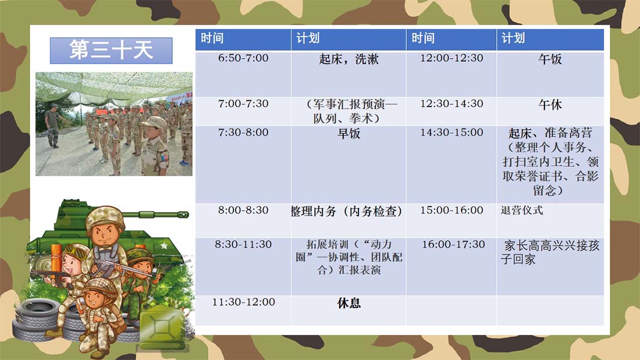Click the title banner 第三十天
coord(111,51)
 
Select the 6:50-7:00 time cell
coord(243,73)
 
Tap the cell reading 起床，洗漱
coord(349,73)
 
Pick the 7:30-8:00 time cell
coord(243,164)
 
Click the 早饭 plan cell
coord(349,164)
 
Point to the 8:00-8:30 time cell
coord(243,220)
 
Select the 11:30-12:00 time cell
coord(243,311)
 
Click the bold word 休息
coord(349,303)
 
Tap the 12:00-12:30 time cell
coord(451,73)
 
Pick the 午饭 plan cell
coord(550,73)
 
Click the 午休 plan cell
coord(550,111)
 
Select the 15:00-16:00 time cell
coord(451,220)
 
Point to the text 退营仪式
coord(522,210)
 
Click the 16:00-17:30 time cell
coord(451,266)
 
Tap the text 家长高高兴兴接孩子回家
coord(550,252)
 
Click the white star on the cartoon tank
coord(164,245)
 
